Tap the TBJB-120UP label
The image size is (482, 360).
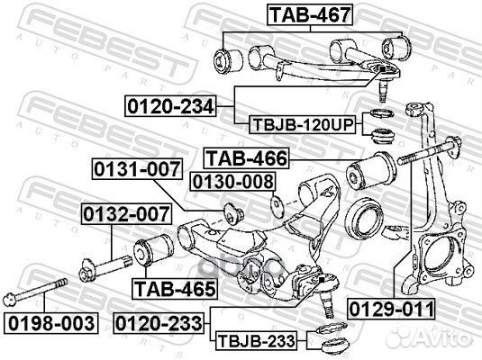tap(301, 125)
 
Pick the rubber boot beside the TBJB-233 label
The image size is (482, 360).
tap(327, 340)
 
